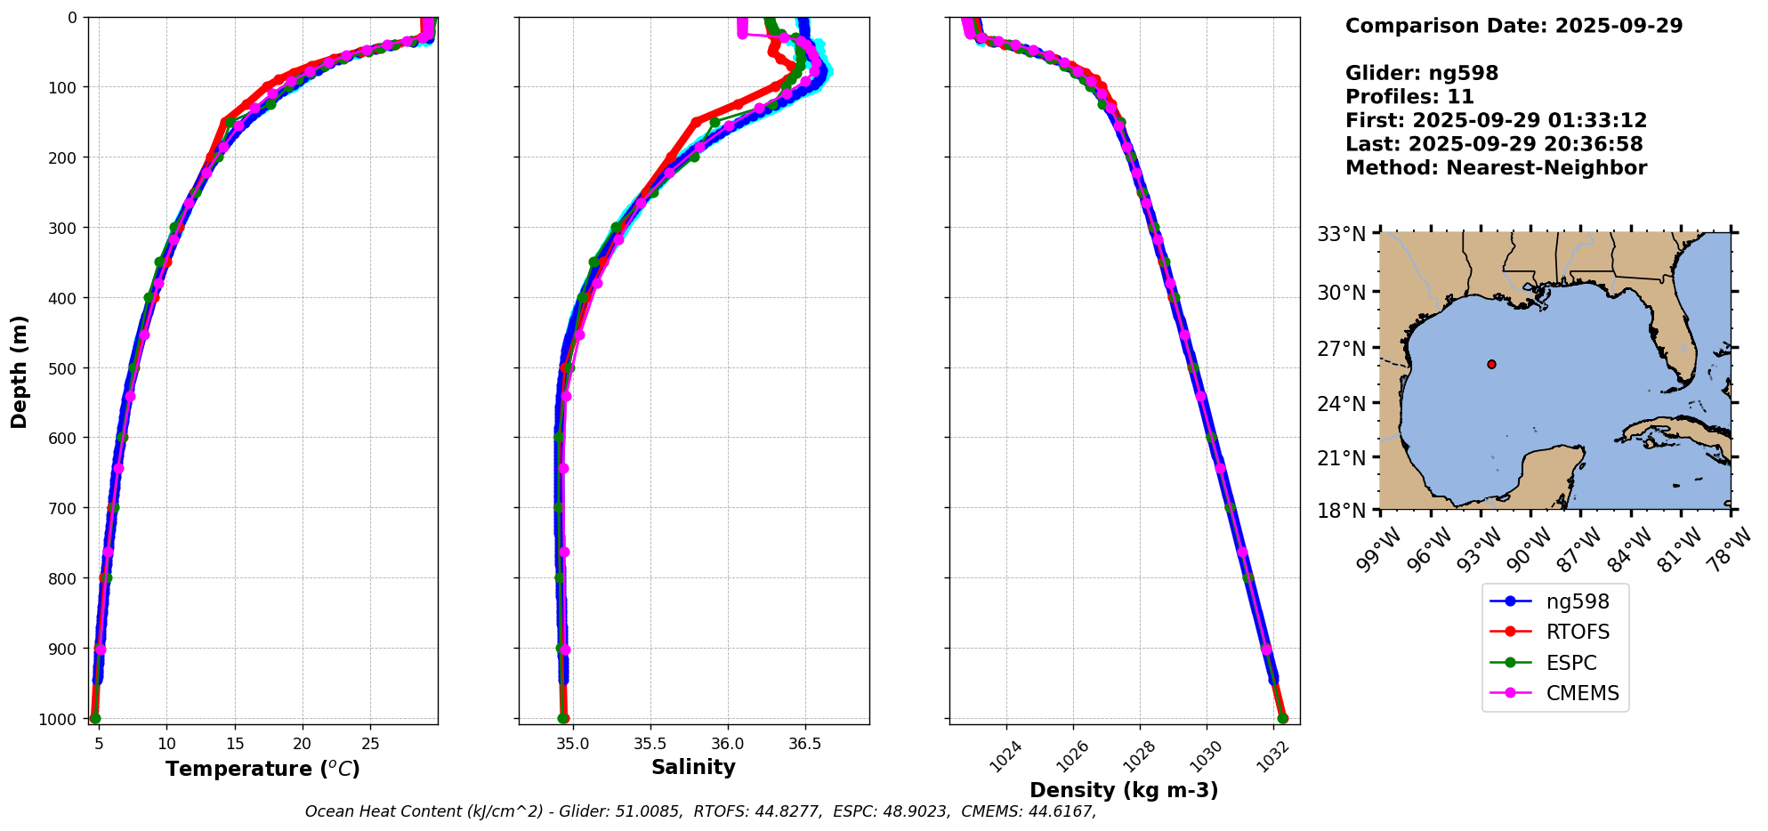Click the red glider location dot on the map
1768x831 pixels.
tap(1491, 364)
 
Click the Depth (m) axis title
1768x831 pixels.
tap(19, 371)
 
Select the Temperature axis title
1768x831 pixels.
tap(262, 769)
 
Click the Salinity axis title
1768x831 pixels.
tap(693, 768)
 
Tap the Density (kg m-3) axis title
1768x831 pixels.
tap(1124, 790)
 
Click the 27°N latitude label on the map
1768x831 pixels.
tap(1342, 348)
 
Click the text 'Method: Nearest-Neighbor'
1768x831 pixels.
tap(1496, 168)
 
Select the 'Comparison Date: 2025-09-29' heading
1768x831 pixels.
tap(1514, 26)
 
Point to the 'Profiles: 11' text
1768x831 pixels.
tap(1409, 97)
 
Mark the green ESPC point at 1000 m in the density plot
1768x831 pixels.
tap(1282, 718)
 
